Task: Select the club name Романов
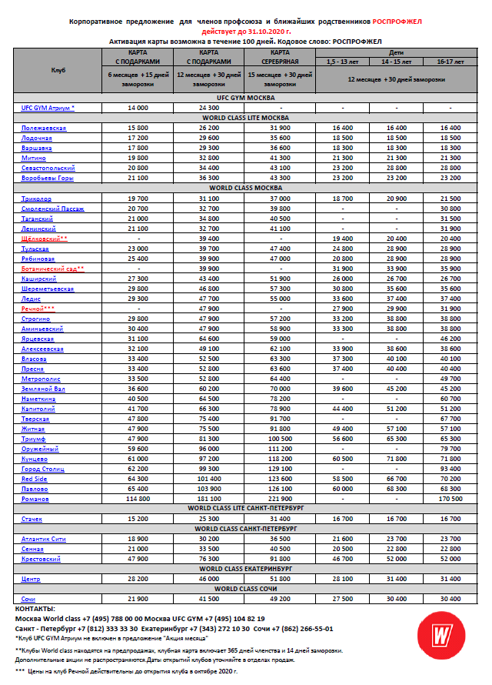click(x=35, y=499)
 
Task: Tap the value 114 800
click(x=138, y=499)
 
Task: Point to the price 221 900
click(x=279, y=499)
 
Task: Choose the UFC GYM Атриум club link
click(x=48, y=108)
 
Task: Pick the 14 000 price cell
click(x=138, y=108)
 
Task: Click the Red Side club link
click(x=35, y=479)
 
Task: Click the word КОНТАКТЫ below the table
click(x=35, y=608)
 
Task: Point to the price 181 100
click(x=208, y=499)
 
